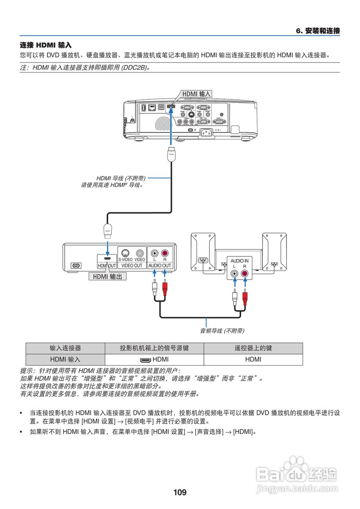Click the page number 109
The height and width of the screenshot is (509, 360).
(180, 492)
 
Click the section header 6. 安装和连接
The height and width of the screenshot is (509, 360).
(318, 31)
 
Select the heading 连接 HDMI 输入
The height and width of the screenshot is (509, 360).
(46, 45)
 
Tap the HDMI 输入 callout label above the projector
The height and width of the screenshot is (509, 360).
(196, 94)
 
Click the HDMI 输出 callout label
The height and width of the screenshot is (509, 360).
(107, 276)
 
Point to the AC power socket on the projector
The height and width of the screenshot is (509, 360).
(207, 132)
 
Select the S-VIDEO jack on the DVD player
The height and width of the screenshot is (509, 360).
(125, 253)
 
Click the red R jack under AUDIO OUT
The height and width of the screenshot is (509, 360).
(165, 253)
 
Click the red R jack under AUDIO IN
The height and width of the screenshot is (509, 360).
(245, 274)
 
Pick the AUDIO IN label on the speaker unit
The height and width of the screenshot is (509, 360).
(239, 261)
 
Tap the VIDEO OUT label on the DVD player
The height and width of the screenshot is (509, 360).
(132, 265)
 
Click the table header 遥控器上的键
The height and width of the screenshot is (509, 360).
(253, 348)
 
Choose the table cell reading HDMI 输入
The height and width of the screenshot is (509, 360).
(65, 359)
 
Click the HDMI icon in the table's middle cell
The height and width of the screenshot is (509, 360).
(145, 360)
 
